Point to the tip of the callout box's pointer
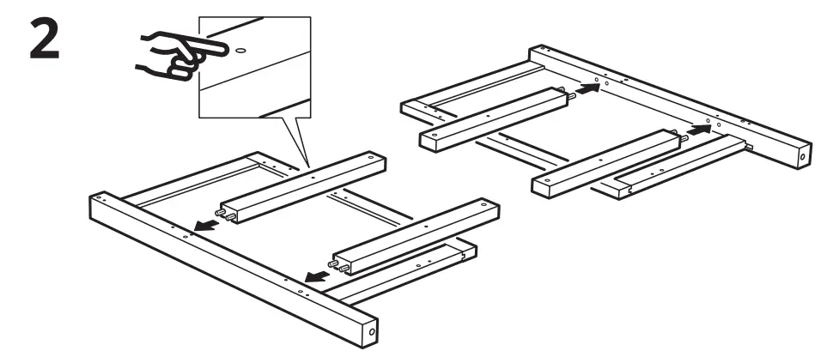[308, 166]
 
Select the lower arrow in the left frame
[317, 275]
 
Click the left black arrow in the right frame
[587, 87]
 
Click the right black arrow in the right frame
[700, 130]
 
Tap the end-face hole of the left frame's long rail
[371, 330]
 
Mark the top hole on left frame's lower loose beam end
[485, 206]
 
